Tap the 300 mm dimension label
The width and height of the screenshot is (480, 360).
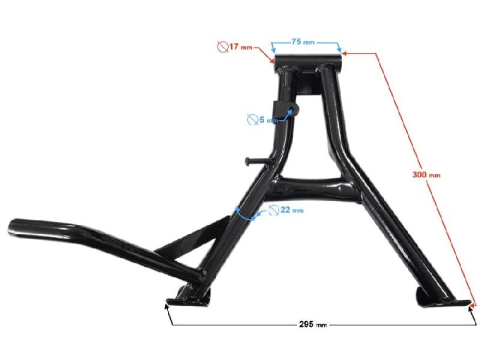click(x=426, y=174)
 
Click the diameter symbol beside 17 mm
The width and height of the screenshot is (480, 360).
click(x=222, y=47)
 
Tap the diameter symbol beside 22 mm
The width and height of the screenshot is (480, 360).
click(x=273, y=210)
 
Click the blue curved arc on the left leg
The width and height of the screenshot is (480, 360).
click(x=242, y=212)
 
